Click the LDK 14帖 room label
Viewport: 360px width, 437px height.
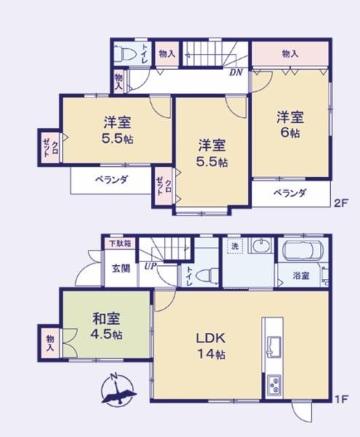211,346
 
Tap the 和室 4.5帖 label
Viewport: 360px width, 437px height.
107,326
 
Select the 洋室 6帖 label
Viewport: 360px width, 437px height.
290,125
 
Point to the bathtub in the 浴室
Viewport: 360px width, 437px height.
303,248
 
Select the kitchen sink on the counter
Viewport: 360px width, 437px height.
274,347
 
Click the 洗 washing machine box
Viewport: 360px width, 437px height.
234,245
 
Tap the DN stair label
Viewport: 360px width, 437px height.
236,73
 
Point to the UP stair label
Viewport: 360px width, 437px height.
151,265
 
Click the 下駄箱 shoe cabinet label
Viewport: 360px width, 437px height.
120,243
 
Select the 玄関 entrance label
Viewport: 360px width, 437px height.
121,269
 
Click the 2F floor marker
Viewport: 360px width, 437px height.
341,203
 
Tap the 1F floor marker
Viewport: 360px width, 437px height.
341,399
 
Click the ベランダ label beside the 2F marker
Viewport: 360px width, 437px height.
290,193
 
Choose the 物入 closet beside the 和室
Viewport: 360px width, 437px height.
50,343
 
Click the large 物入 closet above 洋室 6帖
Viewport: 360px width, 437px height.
290,55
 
